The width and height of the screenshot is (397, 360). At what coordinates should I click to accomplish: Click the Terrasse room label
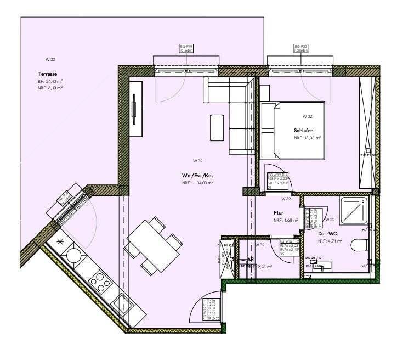pyautogui.click(x=48, y=74)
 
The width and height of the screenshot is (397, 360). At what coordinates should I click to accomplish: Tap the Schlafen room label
pyautogui.click(x=303, y=130)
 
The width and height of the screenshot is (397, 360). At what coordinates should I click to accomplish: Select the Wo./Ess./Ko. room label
pyautogui.click(x=197, y=176)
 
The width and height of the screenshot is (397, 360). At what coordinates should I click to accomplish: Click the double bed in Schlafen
pyautogui.click(x=292, y=130)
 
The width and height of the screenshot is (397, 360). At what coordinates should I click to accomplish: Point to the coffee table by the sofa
pyautogui.click(x=217, y=127)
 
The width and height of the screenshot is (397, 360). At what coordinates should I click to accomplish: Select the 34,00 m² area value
pyautogui.click(x=204, y=183)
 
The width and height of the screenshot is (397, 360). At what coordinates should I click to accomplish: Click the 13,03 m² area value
pyautogui.click(x=313, y=138)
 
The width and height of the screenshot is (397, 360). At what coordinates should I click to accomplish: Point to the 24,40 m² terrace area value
pyautogui.click(x=53, y=81)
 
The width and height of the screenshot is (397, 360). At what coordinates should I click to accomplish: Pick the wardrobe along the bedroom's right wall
pyautogui.click(x=366, y=132)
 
